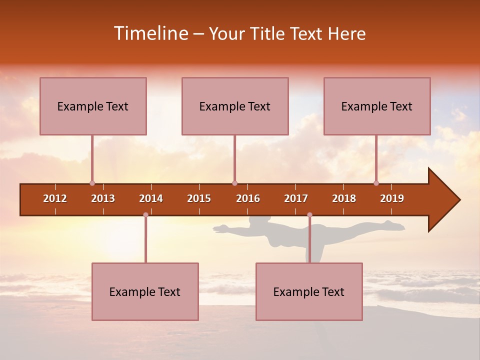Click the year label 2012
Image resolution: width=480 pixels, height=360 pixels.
point(55,198)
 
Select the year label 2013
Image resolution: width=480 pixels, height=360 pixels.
point(103,198)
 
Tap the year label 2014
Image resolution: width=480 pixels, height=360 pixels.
point(151,198)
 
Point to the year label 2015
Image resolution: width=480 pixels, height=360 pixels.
point(199,198)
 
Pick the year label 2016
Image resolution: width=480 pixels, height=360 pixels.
point(248,198)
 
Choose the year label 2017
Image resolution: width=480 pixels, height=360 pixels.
point(296,198)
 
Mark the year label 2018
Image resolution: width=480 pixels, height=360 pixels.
point(344,198)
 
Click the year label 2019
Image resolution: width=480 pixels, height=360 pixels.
point(392,198)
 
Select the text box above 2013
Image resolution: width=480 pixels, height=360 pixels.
point(93,106)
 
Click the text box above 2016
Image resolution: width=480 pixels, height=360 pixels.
point(235,106)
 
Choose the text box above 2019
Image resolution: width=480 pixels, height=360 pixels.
point(377,106)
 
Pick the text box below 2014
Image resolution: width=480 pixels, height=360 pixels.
point(145,291)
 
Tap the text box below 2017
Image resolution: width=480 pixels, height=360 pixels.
point(309,291)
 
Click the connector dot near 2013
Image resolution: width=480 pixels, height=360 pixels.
point(92,183)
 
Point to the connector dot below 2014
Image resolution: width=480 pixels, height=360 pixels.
point(145,214)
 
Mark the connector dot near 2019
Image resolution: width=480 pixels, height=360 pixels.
point(376,183)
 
